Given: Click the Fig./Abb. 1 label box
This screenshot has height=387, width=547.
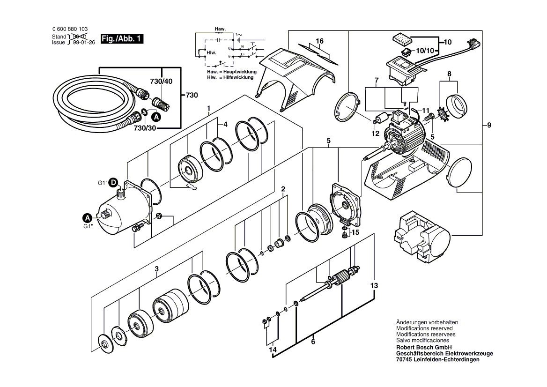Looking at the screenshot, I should click(122, 39).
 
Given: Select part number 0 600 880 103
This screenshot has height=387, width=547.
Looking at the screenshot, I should click(70, 29).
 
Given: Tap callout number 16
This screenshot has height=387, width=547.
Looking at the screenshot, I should click(319, 41).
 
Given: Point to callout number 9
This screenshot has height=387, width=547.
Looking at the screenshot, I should click(489, 125).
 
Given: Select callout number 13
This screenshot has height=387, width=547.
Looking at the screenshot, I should click(373, 285).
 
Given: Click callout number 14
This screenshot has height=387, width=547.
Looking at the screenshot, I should click(272, 350).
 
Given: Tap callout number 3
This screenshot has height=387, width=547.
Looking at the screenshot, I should click(157, 268).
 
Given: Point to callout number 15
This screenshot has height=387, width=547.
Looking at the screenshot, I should click(355, 231).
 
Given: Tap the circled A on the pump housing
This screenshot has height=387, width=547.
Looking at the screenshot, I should click(87, 217).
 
